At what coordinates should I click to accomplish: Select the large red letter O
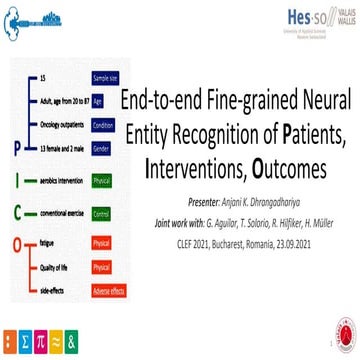tap(16, 242)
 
